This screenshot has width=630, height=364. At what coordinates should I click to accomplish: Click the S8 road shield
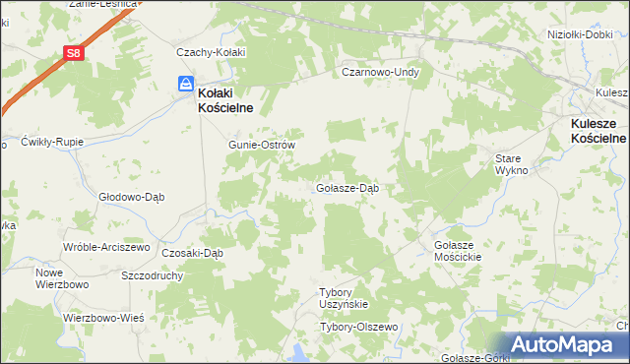pyautogui.click(x=73, y=55)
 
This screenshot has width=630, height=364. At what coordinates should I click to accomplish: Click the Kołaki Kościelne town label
pyautogui.click(x=227, y=100)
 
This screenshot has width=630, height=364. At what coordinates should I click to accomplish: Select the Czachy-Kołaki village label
pyautogui.click(x=210, y=52)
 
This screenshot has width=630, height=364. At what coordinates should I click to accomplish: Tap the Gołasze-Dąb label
pyautogui.click(x=347, y=187)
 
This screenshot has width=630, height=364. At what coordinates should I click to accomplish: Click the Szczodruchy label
pyautogui.click(x=154, y=276)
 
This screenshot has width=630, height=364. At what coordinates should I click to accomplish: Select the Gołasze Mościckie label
pyautogui.click(x=456, y=250)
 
